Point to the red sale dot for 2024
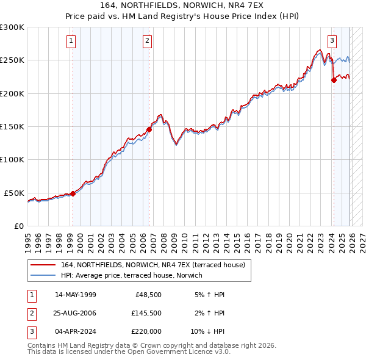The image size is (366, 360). coord(334,80)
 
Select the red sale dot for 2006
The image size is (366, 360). coord(149,129)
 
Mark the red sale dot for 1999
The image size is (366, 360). coord(73,193)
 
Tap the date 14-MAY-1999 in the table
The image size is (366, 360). coord(75,295)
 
